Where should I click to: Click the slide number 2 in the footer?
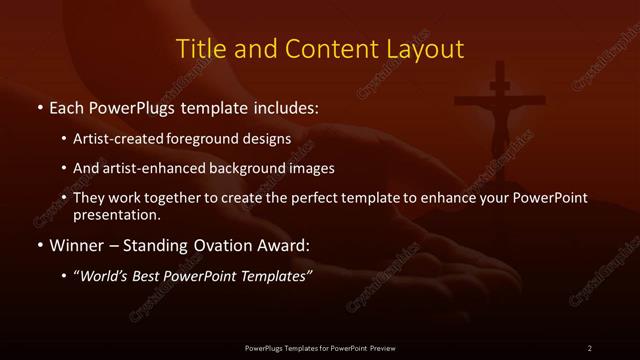pyautogui.click(x=589, y=347)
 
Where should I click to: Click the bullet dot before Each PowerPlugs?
pyautogui.click(x=39, y=106)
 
